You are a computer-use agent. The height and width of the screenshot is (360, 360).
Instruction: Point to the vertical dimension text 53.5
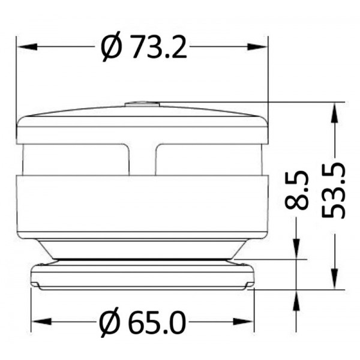tap(334, 190)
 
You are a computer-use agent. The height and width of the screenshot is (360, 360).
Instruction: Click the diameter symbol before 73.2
tap(112, 47)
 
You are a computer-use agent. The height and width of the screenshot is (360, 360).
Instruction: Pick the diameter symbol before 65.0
tap(111, 323)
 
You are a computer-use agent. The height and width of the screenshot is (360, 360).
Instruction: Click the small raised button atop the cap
tap(142, 104)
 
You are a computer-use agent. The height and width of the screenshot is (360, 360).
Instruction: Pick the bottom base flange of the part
tap(142, 277)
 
